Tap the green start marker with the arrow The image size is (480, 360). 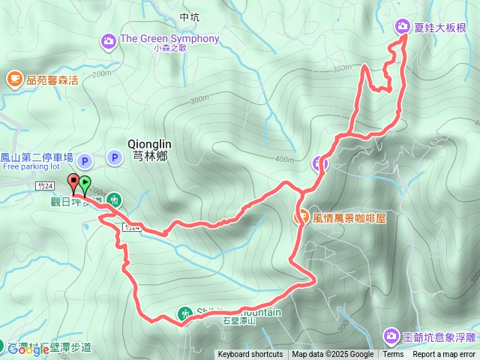tap(85, 183)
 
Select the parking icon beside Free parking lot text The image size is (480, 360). tap(85, 160)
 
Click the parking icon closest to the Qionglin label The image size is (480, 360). tap(114, 157)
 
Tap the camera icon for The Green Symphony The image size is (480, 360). tap(109, 40)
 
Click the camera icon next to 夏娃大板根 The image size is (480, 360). tap(402, 26)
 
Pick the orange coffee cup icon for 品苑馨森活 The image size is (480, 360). tap(14, 78)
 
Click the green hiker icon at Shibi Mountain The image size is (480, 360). tap(184, 313)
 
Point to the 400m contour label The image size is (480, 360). tap(285, 159)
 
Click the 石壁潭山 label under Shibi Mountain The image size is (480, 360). tap(240, 322)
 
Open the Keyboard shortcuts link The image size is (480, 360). tap(250, 355)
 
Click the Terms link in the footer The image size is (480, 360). tap(393, 355)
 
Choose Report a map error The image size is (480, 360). tap(445, 355)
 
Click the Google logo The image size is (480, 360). tap(28, 349)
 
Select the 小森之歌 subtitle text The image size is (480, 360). tap(169, 49)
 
